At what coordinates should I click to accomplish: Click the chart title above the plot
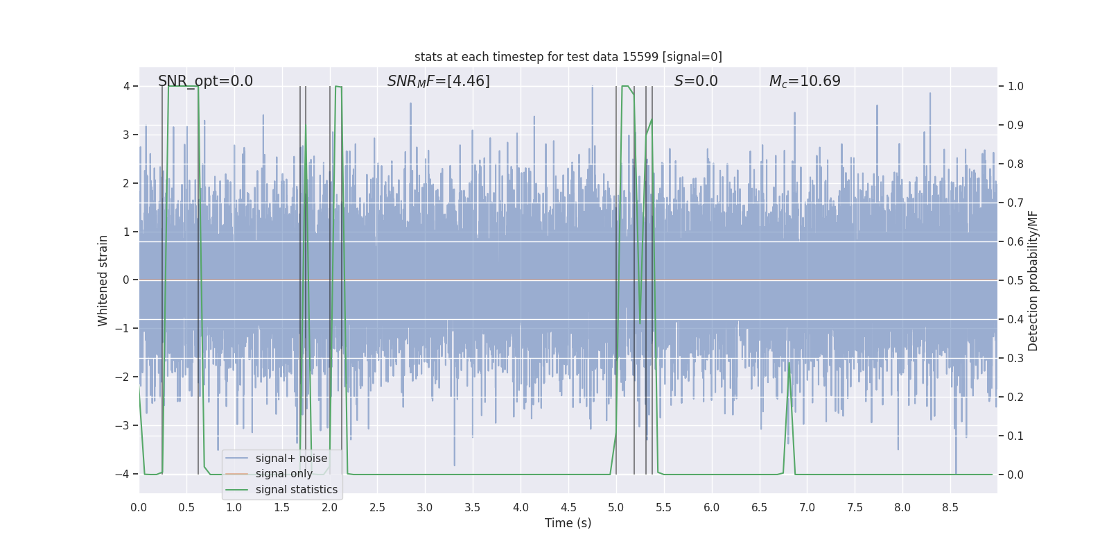(568, 57)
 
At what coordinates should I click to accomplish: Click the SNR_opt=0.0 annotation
(205, 81)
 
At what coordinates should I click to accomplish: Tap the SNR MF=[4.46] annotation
(438, 81)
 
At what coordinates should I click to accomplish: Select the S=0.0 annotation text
(696, 81)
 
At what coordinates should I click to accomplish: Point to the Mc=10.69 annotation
(805, 81)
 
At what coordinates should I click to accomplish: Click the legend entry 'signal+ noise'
(291, 459)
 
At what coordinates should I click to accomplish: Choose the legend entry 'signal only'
(283, 474)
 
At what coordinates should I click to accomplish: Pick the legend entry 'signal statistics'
(296, 490)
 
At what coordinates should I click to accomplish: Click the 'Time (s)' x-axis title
(568, 523)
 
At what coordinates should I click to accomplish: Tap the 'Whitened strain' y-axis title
(103, 280)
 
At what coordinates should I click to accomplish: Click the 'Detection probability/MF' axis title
(1033, 280)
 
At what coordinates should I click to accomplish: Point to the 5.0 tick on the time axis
(616, 508)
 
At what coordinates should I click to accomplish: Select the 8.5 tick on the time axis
(950, 508)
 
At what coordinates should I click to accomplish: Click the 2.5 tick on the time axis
(377, 508)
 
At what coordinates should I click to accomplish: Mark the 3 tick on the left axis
(126, 135)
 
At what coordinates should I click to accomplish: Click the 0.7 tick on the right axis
(1015, 203)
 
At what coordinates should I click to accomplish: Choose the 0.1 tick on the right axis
(1015, 436)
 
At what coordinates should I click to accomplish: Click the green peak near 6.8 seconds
(789, 364)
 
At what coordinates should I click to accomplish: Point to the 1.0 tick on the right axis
(1015, 86)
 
